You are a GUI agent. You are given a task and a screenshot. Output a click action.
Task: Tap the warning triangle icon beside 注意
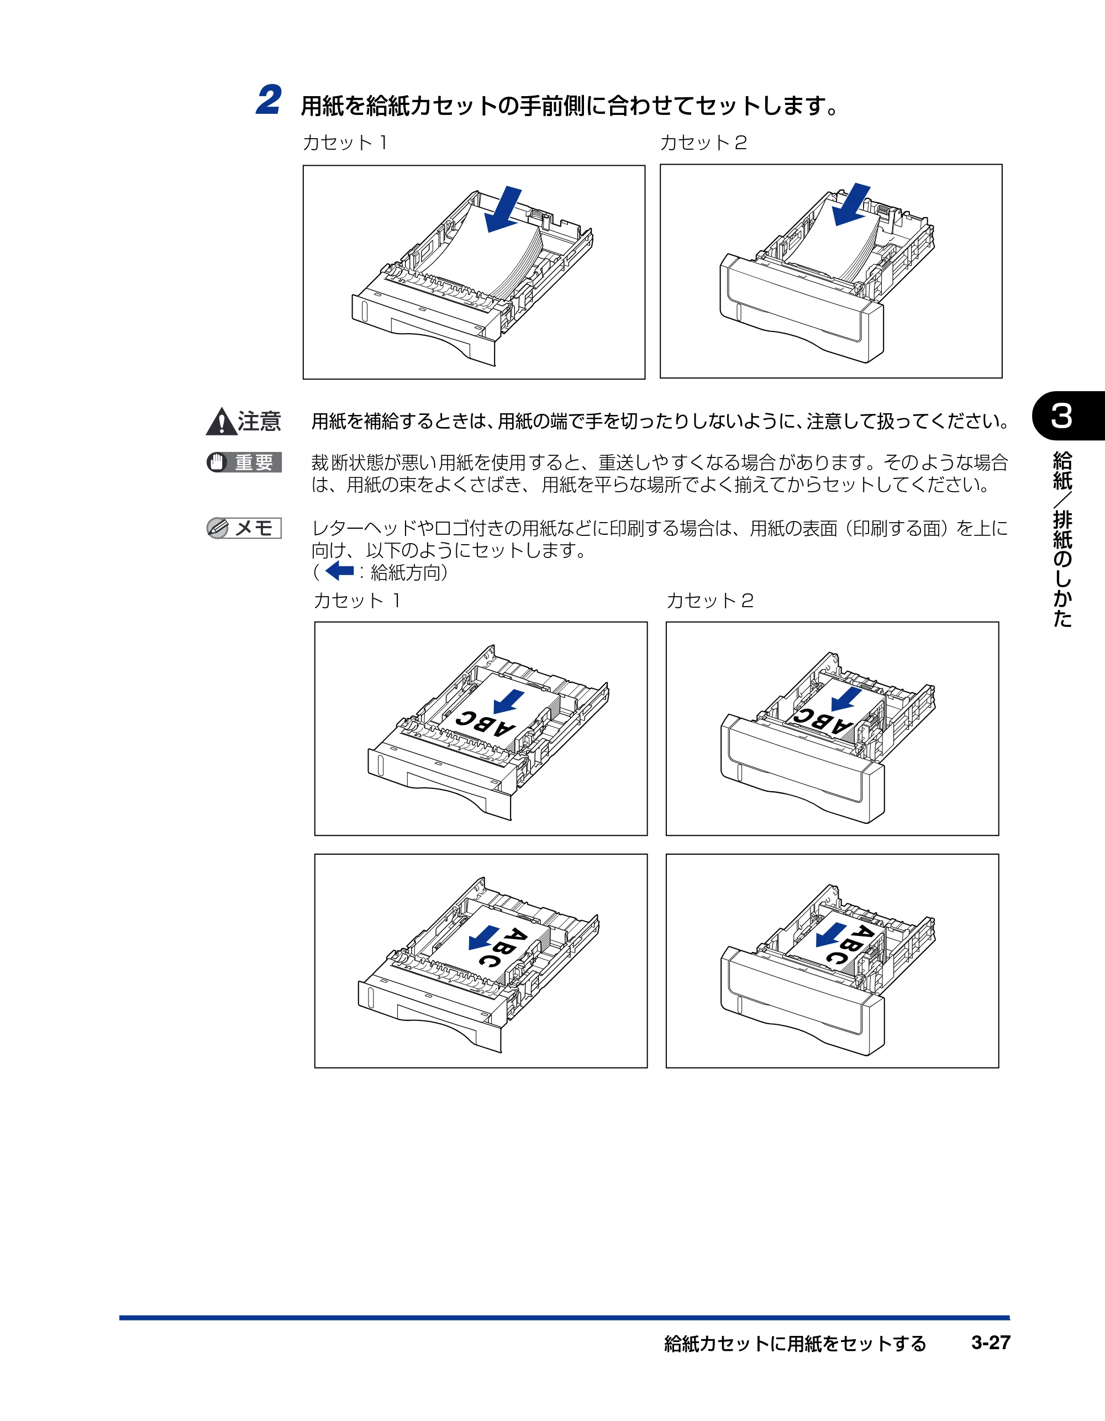click(221, 422)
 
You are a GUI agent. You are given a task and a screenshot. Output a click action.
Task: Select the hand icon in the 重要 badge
click(217, 462)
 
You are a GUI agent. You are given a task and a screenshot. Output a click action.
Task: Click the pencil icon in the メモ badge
click(217, 528)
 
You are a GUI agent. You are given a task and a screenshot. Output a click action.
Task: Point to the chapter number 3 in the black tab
click(1061, 416)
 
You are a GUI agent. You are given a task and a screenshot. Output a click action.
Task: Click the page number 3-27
click(991, 1343)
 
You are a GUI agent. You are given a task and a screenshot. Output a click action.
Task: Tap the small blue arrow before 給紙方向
click(339, 571)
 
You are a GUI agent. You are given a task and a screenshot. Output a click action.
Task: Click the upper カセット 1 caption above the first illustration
click(345, 143)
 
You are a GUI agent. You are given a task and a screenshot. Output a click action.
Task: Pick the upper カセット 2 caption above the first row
click(703, 143)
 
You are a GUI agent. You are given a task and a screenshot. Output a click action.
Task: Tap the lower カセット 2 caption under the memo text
click(710, 600)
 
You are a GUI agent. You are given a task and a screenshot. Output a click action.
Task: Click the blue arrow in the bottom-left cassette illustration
click(484, 938)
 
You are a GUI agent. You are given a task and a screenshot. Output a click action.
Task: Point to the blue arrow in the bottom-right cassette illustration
click(831, 934)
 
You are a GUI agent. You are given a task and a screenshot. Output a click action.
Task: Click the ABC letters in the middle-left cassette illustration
click(486, 724)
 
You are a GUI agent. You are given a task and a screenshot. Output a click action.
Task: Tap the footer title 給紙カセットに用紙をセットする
click(794, 1343)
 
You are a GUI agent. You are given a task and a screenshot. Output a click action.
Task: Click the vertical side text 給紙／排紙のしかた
click(1062, 539)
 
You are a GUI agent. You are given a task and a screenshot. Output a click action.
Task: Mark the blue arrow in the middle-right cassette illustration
click(846, 699)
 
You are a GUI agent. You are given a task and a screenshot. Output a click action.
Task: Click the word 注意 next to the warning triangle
click(260, 422)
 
